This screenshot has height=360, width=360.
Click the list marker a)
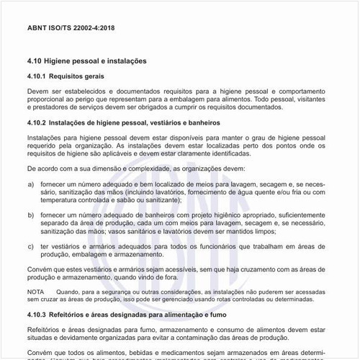pos(30,184)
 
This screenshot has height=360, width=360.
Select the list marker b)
pos(30,215)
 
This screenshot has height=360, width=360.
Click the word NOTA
pos(35,291)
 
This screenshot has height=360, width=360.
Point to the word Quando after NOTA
pos(73,291)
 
